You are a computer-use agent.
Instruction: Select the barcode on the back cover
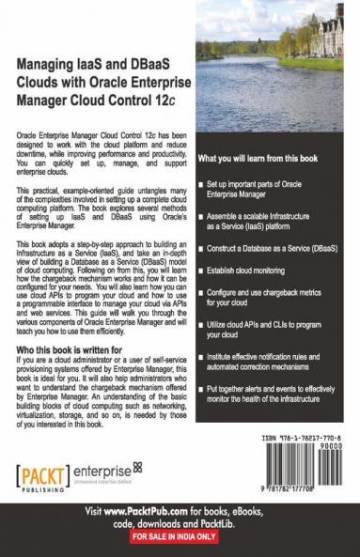[x=303, y=466]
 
